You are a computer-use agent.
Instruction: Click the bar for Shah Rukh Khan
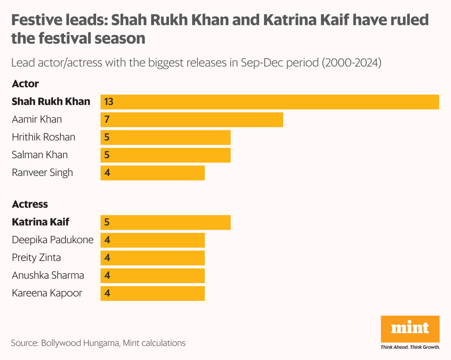point(270,102)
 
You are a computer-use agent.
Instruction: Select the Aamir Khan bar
point(192,120)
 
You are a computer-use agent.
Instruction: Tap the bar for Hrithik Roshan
point(166,137)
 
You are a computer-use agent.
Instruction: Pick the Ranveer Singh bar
point(153,173)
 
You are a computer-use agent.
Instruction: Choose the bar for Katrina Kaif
point(166,223)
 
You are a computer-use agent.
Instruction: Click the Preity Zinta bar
point(153,258)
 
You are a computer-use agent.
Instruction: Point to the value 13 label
point(109,102)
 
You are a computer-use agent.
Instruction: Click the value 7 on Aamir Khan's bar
point(107,120)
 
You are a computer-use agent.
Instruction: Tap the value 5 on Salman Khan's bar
point(107,155)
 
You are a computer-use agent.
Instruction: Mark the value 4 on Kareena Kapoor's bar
point(107,293)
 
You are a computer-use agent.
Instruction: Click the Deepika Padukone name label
point(52,240)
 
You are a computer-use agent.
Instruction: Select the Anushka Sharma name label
point(48,276)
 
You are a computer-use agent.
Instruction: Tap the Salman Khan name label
point(40,155)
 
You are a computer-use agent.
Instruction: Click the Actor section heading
point(25,84)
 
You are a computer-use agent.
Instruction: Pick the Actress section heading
point(30,204)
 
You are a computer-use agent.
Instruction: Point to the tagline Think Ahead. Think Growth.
point(410,347)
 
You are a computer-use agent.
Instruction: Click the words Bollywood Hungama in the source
point(80,343)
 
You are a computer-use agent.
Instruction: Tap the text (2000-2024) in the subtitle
point(351,62)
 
